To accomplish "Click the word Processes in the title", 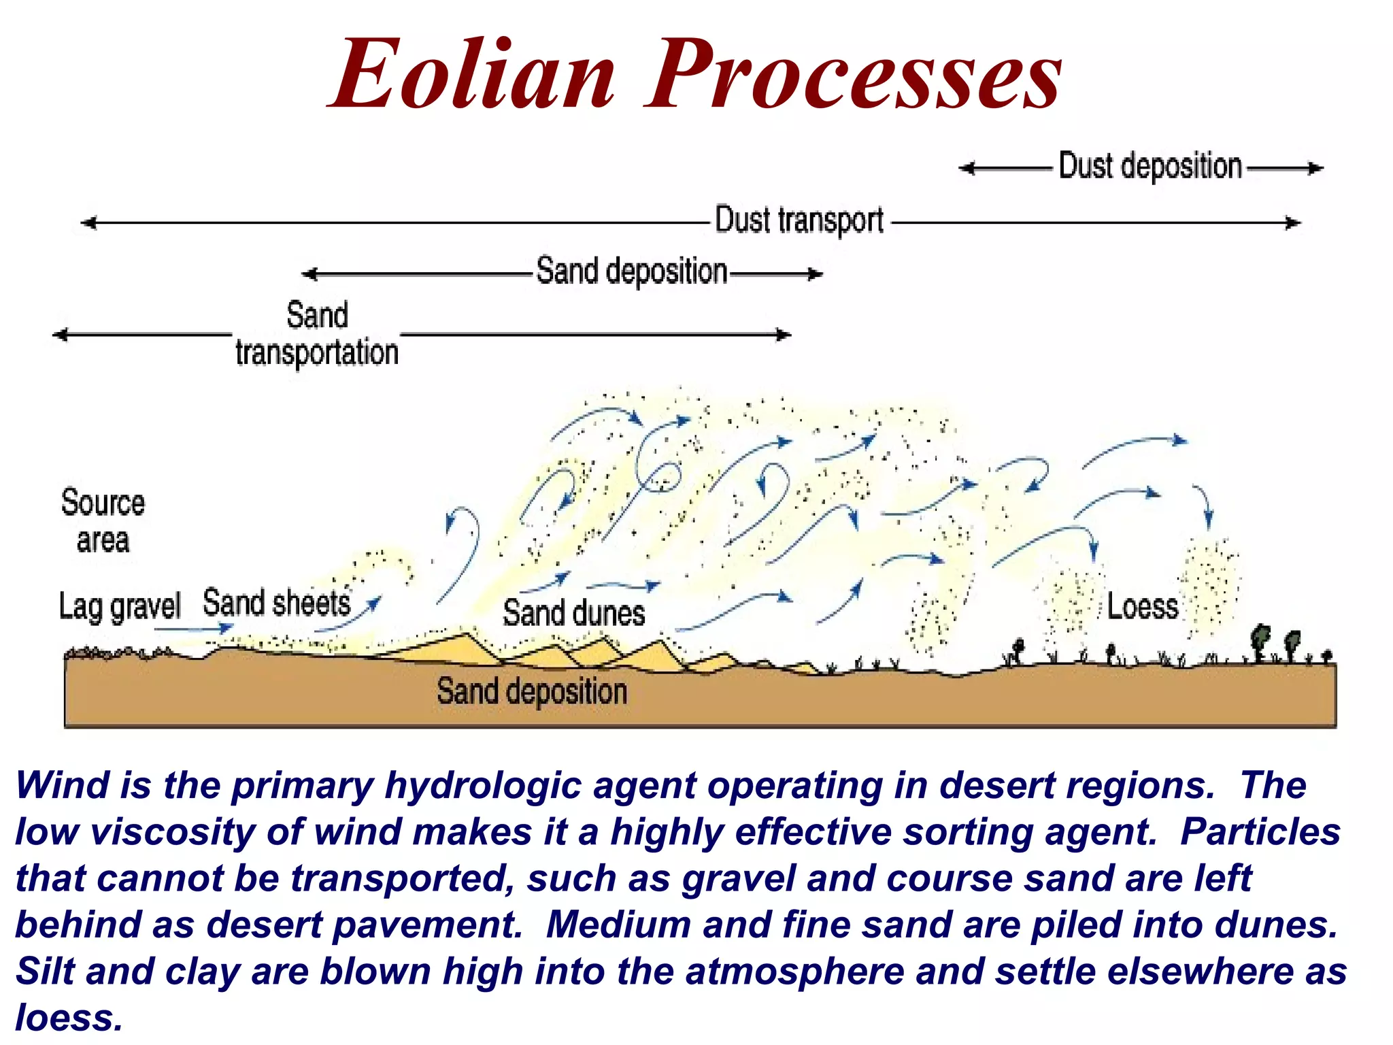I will click(853, 75).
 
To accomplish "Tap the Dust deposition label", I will click(1150, 167).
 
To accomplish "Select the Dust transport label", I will click(799, 221).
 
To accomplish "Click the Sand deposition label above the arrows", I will click(632, 271).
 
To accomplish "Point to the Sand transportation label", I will click(317, 334).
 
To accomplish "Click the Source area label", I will click(103, 521).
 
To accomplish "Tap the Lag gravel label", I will click(120, 606).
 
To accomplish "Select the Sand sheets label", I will click(276, 603).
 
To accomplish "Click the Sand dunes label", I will click(573, 612).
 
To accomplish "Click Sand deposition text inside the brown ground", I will click(531, 692).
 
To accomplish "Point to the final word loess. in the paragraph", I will click(69, 1018).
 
